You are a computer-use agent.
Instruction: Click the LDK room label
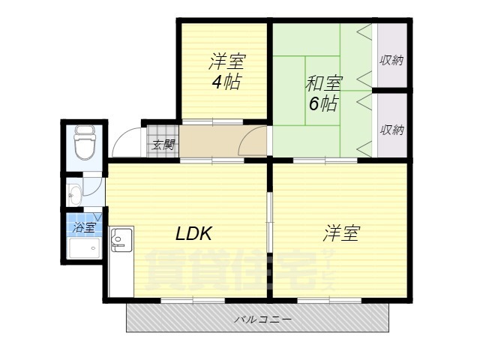click(193, 234)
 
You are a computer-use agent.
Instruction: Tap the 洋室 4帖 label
click(225, 72)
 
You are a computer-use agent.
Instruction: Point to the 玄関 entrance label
click(163, 144)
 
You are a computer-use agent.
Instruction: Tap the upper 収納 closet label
click(391, 60)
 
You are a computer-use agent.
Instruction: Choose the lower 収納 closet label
click(391, 129)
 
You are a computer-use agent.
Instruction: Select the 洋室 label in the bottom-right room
click(340, 234)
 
